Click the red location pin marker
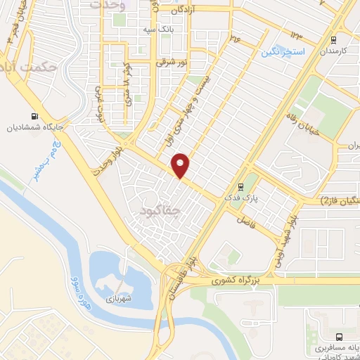click(x=181, y=166)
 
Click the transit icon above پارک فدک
click(x=241, y=187)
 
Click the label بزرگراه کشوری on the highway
click(x=240, y=280)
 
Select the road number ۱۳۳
click(x=295, y=35)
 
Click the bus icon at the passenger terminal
click(x=340, y=337)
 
